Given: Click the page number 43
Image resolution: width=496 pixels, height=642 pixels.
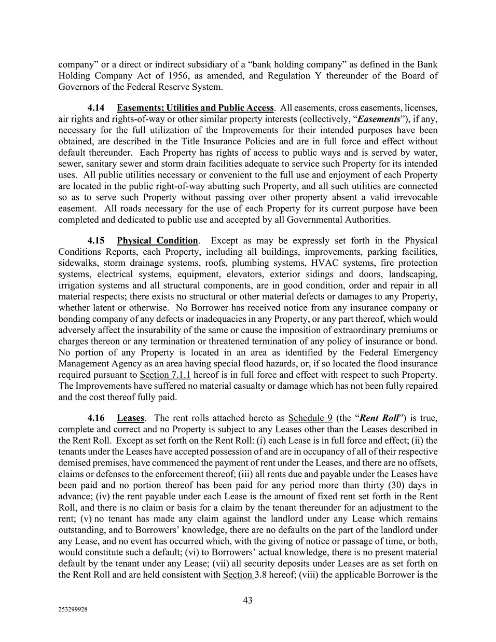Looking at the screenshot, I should click(247, 600).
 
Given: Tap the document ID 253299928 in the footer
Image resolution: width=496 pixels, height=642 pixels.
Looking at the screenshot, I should click(73, 610).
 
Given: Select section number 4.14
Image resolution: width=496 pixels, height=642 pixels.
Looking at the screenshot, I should click(96, 108).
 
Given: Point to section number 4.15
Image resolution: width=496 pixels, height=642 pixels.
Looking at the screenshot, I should click(96, 240).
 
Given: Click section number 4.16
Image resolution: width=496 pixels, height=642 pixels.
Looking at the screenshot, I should click(96, 418).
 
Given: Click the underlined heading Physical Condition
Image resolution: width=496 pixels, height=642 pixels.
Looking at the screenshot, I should click(157, 240).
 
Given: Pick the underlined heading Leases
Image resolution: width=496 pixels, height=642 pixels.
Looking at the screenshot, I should click(131, 418).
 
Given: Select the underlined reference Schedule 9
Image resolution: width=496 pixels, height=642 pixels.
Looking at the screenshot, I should click(310, 418).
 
